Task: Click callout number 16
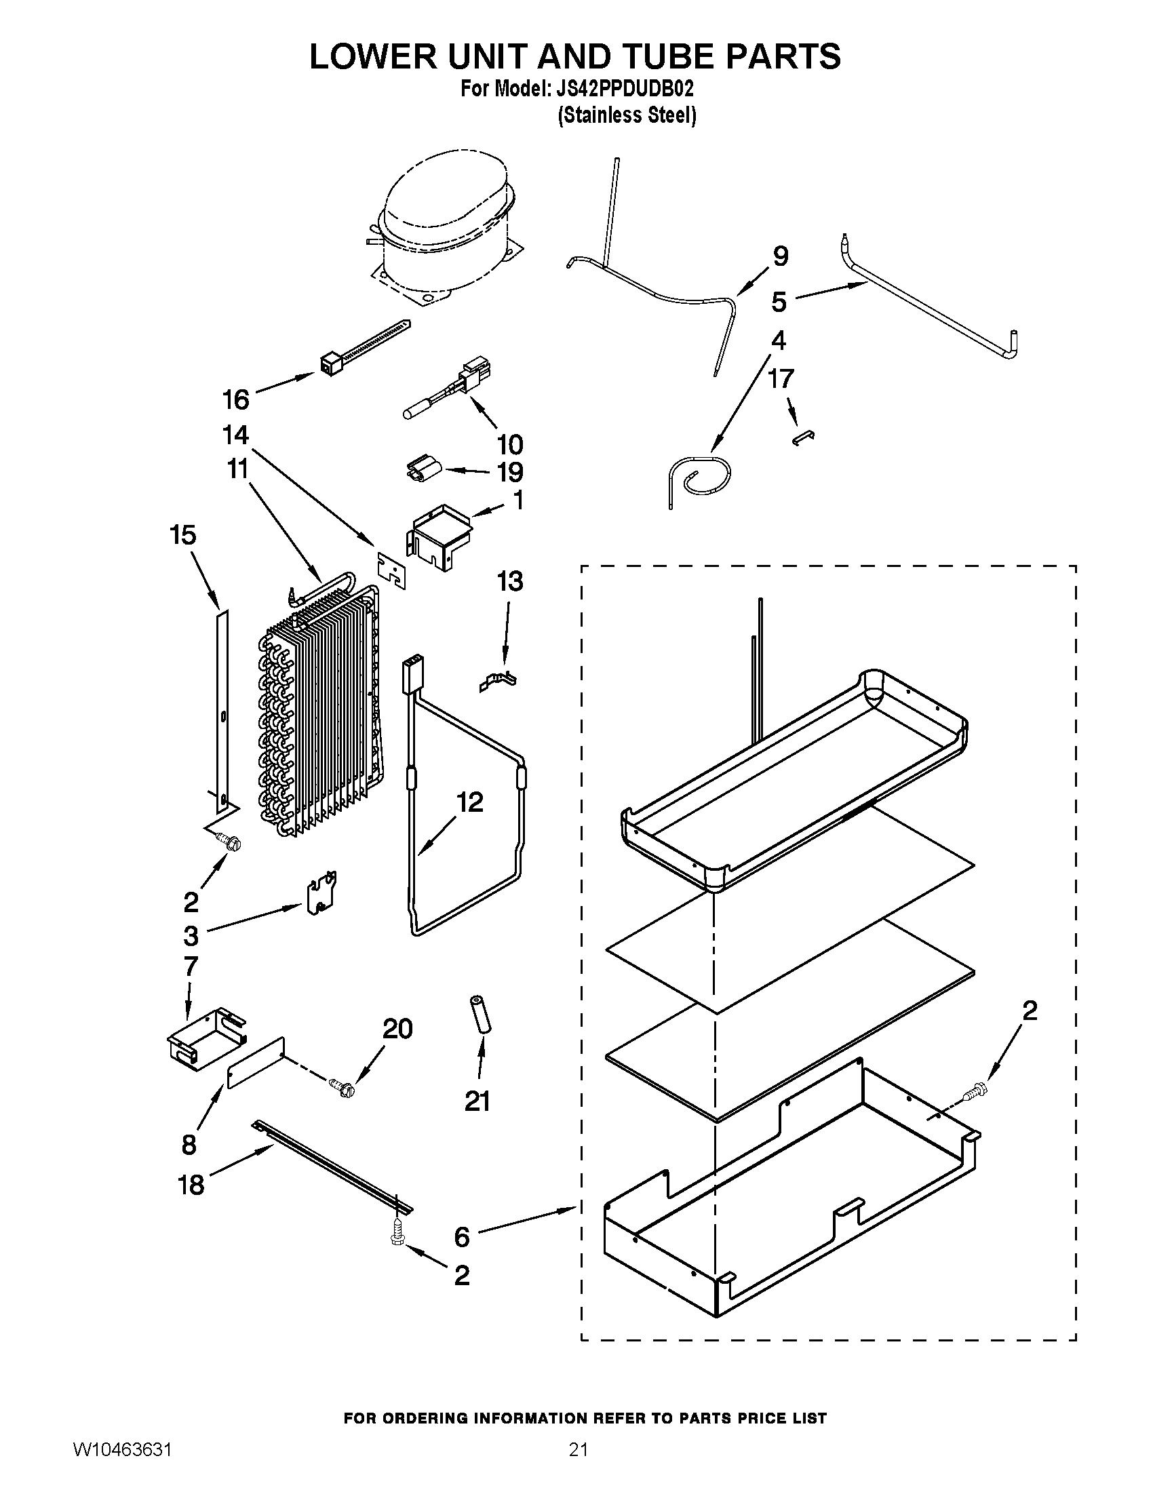coord(236,399)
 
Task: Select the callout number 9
coord(781,256)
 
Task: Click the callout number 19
coord(509,472)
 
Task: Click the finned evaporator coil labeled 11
coord(321,711)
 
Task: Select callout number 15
coord(182,535)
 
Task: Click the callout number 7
coord(191,966)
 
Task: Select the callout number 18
coord(191,1185)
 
